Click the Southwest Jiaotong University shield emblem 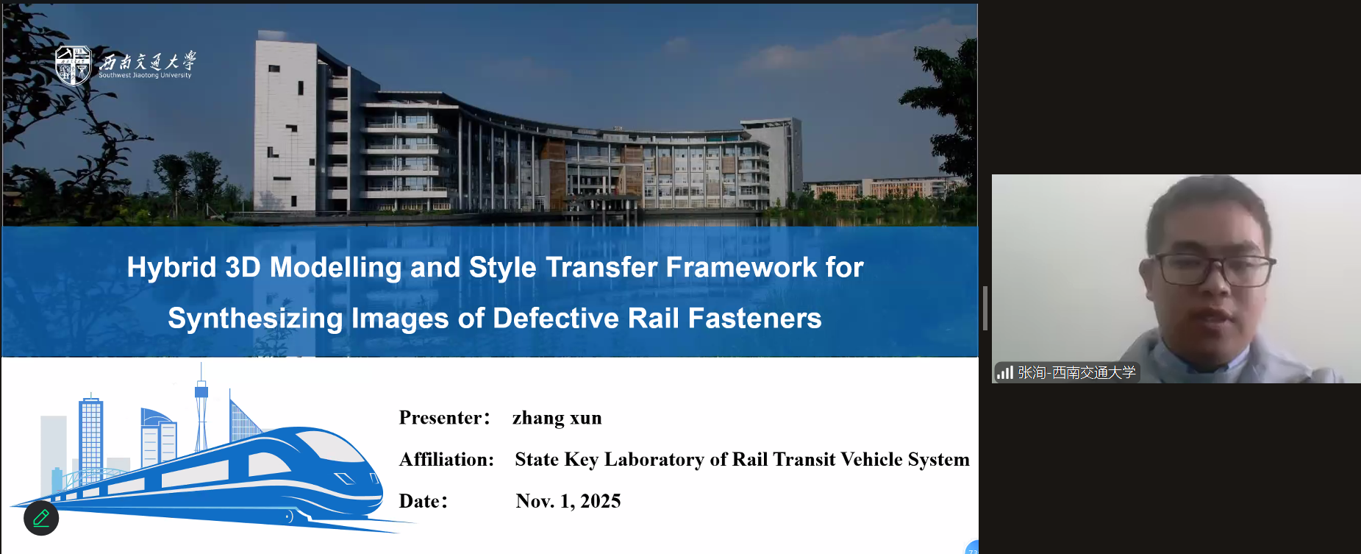[x=73, y=65]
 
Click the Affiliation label [x=446, y=460]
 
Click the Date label [x=423, y=501]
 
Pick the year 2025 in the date [x=600, y=501]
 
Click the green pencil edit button [x=41, y=518]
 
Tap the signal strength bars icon [x=1005, y=373]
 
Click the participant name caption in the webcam [x=1076, y=373]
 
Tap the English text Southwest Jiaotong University [x=145, y=75]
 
